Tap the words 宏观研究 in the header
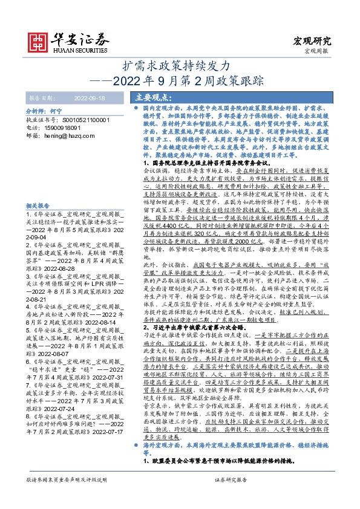[312, 41]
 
